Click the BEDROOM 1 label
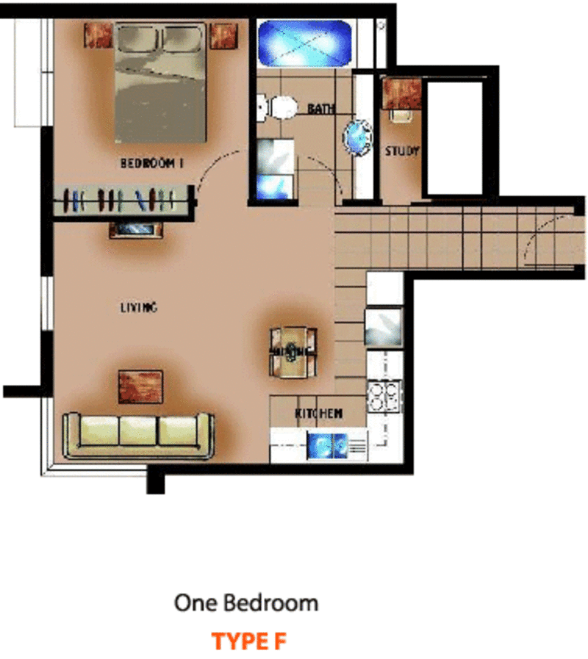point(151,162)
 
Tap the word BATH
point(321,109)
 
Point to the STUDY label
point(402,151)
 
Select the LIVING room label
point(139,308)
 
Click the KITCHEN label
point(319,413)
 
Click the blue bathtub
point(304,43)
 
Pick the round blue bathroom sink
point(357,137)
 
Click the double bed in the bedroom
point(161,83)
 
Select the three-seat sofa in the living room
point(138,436)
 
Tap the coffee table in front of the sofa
point(140,386)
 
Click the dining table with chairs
point(293,352)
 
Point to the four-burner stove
point(383,395)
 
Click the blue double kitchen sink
point(328,445)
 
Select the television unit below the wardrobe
point(136,230)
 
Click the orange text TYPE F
point(249,641)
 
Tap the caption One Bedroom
point(246,603)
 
